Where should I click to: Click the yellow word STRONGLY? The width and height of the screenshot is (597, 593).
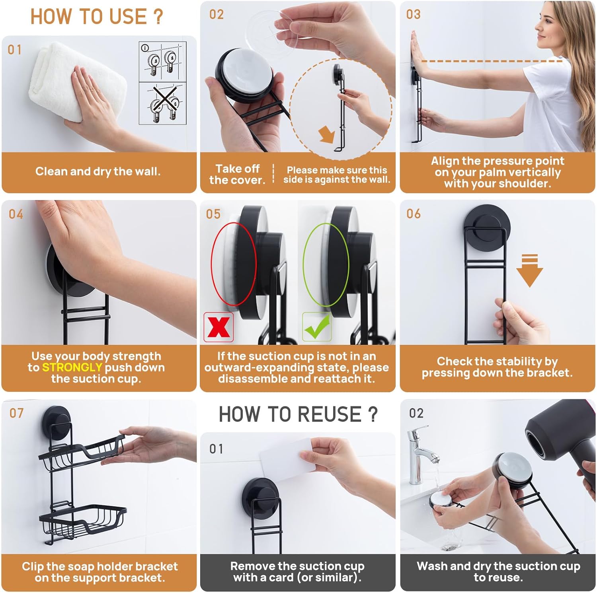point(72,367)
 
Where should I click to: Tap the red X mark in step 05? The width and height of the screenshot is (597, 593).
point(218,327)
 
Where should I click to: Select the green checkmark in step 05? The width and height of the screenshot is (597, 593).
point(317,327)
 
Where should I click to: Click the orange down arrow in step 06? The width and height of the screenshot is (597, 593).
point(529,270)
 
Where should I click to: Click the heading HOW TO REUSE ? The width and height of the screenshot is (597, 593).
point(298,414)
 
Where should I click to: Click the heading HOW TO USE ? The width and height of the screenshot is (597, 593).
point(97,17)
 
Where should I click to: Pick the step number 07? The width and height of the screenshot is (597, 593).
point(17,413)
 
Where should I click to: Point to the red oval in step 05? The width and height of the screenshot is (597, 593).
point(233,264)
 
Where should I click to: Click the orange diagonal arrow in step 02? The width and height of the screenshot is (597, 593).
point(327,134)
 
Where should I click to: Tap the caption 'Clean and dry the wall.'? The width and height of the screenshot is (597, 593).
point(98,171)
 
